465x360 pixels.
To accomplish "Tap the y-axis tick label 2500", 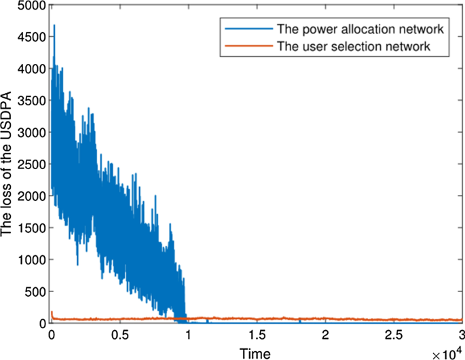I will (x=33, y=164).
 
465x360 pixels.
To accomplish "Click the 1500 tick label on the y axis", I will (x=33, y=228).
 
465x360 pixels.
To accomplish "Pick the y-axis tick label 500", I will (x=37, y=291).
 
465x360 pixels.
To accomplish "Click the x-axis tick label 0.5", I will (x=120, y=336).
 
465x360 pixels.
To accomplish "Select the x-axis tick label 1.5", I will (x=257, y=336).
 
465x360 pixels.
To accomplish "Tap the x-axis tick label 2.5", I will (x=393, y=336).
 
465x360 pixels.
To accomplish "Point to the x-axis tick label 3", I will (x=461, y=336).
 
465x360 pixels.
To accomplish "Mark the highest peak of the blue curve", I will (x=54, y=26).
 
